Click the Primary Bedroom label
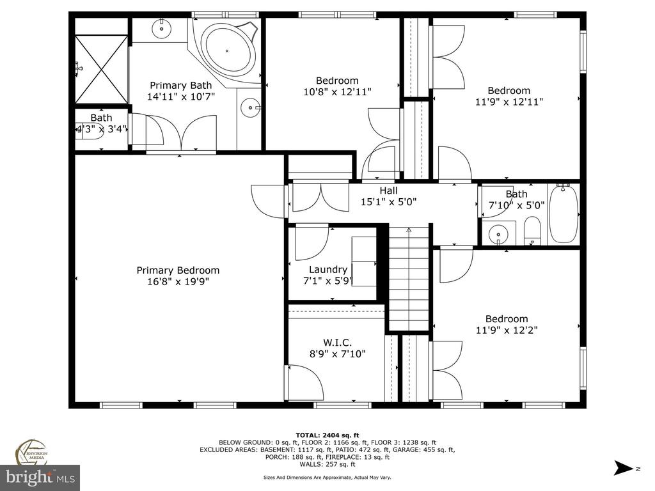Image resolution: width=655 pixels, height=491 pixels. pos(178,270)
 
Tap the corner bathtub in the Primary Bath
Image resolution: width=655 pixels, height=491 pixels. pos(228,51)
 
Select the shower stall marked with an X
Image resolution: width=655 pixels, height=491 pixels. pos(102,69)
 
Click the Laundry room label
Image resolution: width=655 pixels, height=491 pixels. pos(328,270)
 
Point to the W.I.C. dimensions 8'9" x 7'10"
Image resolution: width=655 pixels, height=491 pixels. pos(338,354)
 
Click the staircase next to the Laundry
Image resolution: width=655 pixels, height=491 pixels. pos(409,278)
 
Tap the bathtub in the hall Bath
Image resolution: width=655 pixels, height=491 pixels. pos(563,213)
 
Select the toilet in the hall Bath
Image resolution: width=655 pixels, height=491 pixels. pos(532,230)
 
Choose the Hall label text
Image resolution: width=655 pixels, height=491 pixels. pos(388,191)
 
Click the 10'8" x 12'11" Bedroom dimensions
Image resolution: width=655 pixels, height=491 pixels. pos(338,92)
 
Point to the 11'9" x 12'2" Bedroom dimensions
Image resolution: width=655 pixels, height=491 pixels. pos(507,331)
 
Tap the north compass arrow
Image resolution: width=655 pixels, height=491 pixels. pos(624,467)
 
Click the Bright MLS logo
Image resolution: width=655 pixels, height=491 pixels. pos(40,477)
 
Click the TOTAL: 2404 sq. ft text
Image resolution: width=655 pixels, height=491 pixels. pos(327,435)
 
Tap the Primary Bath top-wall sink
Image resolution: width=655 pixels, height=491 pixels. pos(161,29)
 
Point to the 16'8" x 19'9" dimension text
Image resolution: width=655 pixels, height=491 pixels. pos(178,282)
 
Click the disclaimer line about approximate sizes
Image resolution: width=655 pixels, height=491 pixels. pos(327,477)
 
